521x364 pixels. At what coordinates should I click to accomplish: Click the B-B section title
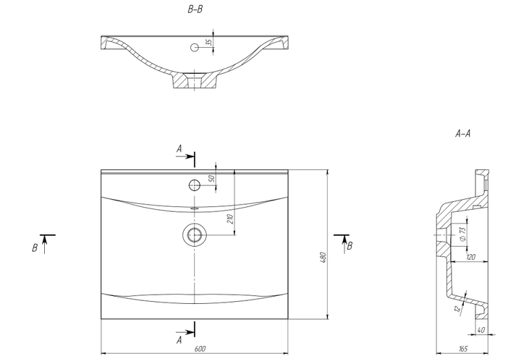point(195,9)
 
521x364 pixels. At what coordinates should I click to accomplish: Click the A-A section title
point(463,134)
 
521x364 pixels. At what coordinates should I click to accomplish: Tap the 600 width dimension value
point(200,349)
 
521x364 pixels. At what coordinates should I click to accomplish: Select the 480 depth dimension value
point(323,258)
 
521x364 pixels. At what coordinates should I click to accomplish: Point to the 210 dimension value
point(230,219)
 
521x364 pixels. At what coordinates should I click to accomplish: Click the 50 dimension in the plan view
point(211,179)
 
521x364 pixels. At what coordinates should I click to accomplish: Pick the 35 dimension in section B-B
point(208,42)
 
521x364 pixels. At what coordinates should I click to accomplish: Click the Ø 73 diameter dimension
point(462,234)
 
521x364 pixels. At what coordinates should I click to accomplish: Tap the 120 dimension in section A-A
point(471,257)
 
